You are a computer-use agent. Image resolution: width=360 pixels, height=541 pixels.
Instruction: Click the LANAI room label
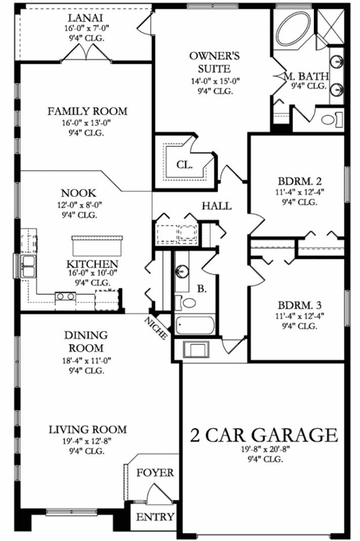click(85, 18)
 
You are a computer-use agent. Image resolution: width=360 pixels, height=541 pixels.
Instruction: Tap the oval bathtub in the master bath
click(294, 29)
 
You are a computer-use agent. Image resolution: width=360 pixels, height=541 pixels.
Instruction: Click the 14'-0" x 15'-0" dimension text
click(215, 81)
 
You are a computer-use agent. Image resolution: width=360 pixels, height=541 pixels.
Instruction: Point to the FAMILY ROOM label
click(87, 111)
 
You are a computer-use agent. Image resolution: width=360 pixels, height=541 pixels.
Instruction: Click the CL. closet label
click(185, 165)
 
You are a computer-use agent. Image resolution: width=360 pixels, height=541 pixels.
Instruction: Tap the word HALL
click(217, 206)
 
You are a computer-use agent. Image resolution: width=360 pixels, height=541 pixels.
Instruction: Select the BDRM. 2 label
click(300, 181)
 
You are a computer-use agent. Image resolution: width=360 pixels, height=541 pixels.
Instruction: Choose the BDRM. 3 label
click(300, 305)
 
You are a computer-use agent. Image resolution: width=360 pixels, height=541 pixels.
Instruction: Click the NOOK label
click(78, 193)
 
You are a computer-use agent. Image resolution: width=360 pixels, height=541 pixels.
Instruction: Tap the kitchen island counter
click(97, 245)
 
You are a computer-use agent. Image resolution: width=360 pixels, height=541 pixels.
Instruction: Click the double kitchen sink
click(28, 266)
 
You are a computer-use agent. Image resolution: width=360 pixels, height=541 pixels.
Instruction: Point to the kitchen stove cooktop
click(66, 296)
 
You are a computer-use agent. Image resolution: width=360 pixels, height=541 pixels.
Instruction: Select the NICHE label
click(156, 328)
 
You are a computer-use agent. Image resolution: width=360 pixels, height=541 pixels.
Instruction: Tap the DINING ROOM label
click(86, 342)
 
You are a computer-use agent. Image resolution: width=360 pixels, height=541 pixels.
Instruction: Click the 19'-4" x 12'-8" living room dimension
click(87, 441)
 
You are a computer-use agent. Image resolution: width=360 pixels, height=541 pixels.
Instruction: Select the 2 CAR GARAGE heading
click(264, 435)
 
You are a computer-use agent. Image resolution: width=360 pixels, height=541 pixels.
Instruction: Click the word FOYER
click(155, 473)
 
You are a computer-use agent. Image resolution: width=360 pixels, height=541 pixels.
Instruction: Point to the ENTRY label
click(155, 517)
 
